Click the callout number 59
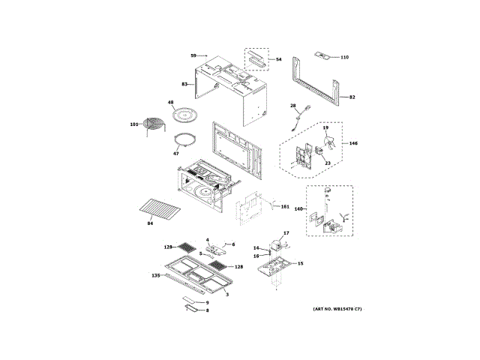tap(193, 56)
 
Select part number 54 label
tap(278, 59)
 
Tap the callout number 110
tap(344, 57)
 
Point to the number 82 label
tap(352, 97)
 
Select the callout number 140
tap(299, 209)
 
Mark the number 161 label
tap(284, 205)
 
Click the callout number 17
tap(285, 235)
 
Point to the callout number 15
tap(301, 263)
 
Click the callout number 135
tap(156, 275)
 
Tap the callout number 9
tap(207, 302)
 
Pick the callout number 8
tap(207, 310)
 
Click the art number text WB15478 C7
tap(337, 310)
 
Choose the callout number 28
tap(293, 106)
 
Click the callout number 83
tap(185, 85)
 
